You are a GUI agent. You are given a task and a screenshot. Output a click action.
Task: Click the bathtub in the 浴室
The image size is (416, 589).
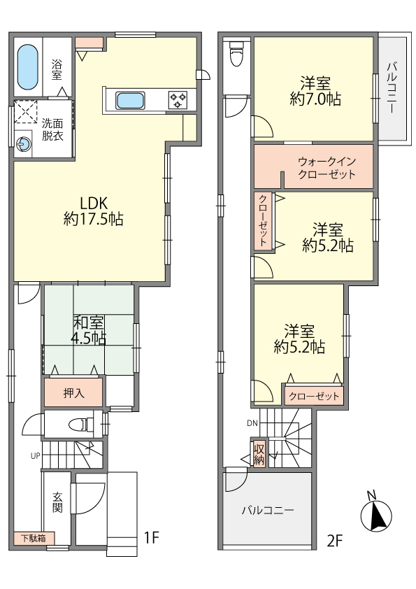[28, 67]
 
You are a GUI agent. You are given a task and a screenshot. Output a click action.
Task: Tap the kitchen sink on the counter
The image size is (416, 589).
[130, 100]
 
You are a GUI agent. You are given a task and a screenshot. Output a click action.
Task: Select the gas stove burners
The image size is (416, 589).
[178, 100]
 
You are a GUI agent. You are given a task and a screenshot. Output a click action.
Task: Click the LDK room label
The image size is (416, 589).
[94, 211]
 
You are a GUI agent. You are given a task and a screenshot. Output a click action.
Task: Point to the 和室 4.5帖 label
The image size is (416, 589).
[89, 330]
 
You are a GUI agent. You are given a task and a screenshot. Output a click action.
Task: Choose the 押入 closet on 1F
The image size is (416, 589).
[73, 392]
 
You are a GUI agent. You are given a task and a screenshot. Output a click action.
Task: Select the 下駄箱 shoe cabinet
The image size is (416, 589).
[34, 539]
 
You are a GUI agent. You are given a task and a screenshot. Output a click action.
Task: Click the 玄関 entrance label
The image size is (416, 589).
[57, 502]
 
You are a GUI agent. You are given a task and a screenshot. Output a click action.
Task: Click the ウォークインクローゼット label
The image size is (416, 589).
[327, 167]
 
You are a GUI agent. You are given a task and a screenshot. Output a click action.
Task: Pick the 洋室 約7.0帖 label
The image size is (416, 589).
[315, 91]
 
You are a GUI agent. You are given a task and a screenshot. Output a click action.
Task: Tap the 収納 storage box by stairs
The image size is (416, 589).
[259, 453]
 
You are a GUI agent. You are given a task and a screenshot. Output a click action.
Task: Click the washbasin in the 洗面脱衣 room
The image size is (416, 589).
[23, 143]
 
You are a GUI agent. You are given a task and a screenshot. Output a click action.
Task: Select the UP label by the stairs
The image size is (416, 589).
[35, 456]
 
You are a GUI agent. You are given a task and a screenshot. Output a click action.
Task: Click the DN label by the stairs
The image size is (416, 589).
[252, 423]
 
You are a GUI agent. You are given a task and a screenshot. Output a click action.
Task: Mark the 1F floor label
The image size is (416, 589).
[152, 537]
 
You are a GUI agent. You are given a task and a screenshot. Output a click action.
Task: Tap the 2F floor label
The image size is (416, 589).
[335, 541]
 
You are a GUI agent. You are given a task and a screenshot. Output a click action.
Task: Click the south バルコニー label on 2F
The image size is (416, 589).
[268, 510]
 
